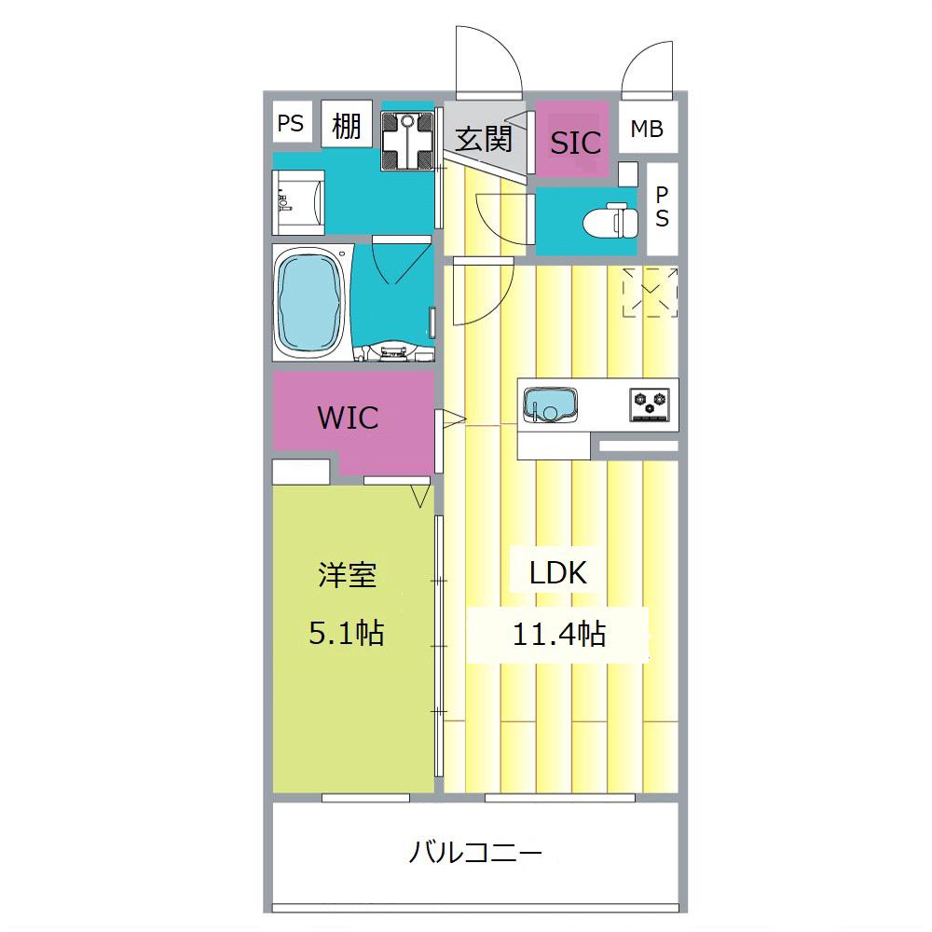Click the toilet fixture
[608, 221]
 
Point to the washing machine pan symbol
[407, 140]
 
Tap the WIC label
[349, 417]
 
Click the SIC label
[575, 143]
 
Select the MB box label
[647, 129]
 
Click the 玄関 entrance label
[484, 139]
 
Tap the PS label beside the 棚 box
[291, 124]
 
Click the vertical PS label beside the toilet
[662, 208]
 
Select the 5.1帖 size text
[346, 635]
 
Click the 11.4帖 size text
[558, 635]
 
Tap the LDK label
[558, 573]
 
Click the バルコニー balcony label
[475, 851]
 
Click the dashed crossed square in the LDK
[650, 293]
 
